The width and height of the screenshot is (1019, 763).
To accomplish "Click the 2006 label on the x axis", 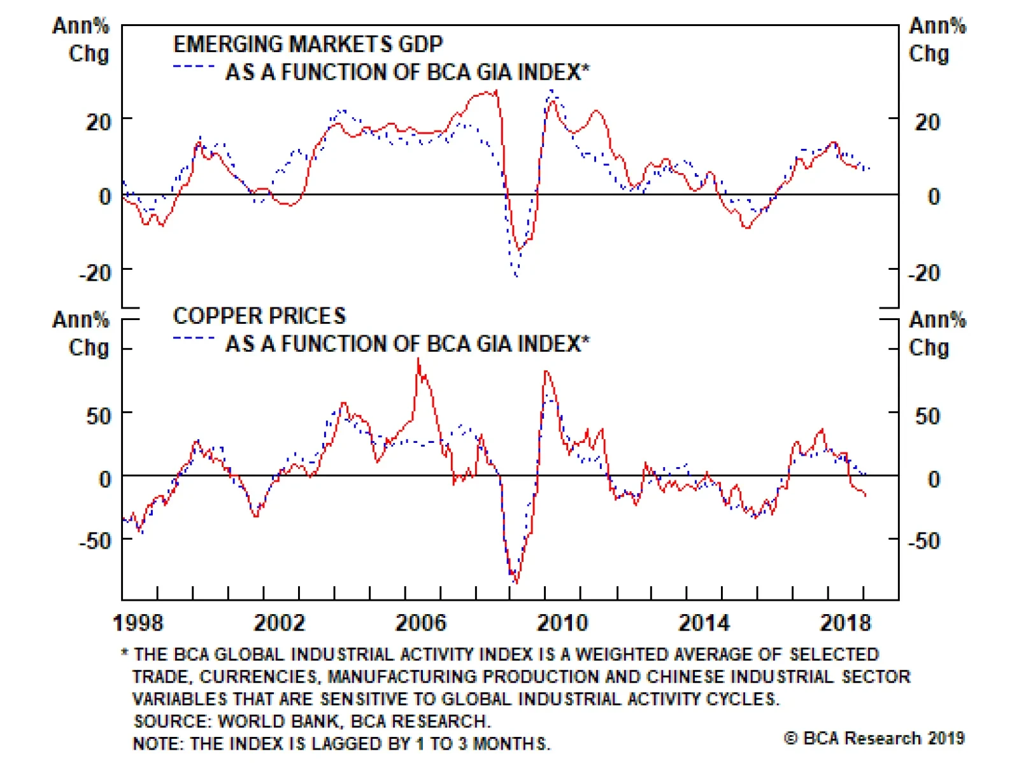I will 420,622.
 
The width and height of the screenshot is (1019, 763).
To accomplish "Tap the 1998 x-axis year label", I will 138,622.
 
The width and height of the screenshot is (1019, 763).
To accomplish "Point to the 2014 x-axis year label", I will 704,622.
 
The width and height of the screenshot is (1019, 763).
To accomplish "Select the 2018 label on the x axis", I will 845,622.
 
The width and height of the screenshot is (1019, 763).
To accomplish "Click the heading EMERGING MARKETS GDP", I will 308,44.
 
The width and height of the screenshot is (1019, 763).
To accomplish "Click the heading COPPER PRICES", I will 259,316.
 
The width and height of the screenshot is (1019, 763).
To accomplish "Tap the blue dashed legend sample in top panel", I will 194,66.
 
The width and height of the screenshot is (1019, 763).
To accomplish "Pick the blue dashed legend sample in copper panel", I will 194,338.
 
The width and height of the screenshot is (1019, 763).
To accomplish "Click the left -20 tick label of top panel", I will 95,273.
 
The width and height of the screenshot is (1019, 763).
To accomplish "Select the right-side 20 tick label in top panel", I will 927,122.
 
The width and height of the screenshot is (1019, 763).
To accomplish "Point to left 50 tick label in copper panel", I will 99,416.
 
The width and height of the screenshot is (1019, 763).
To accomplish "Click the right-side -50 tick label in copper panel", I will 923,541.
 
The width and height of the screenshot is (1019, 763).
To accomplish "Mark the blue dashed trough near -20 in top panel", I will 516,276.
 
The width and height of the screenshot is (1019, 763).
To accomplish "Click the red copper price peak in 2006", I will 418,360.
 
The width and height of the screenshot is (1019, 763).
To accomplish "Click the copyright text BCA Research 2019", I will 874,738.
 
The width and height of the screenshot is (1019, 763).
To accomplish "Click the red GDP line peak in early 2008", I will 496,91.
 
